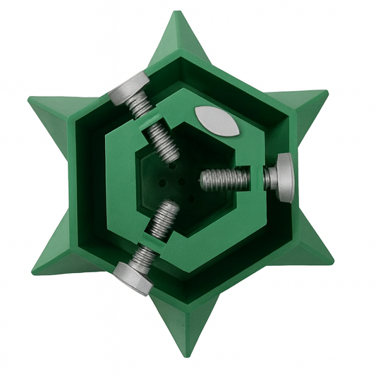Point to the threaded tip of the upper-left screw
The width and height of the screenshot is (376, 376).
pyautogui.click(x=170, y=152)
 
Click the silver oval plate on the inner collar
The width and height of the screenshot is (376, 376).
pyautogui.click(x=216, y=121)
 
